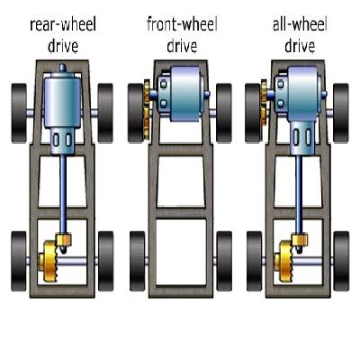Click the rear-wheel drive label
63,35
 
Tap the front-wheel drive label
182,35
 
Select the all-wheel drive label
300,35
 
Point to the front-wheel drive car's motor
183,94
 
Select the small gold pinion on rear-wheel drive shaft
63,239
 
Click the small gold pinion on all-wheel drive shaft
300,239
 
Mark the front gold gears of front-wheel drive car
147,110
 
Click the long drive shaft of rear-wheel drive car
63,194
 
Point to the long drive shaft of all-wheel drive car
299,194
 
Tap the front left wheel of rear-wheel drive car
19,113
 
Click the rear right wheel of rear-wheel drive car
105,261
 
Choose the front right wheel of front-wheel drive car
224,113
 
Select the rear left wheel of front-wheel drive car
138,261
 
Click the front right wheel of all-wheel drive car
341,113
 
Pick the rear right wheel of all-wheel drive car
341,261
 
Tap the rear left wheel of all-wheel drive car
255,261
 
